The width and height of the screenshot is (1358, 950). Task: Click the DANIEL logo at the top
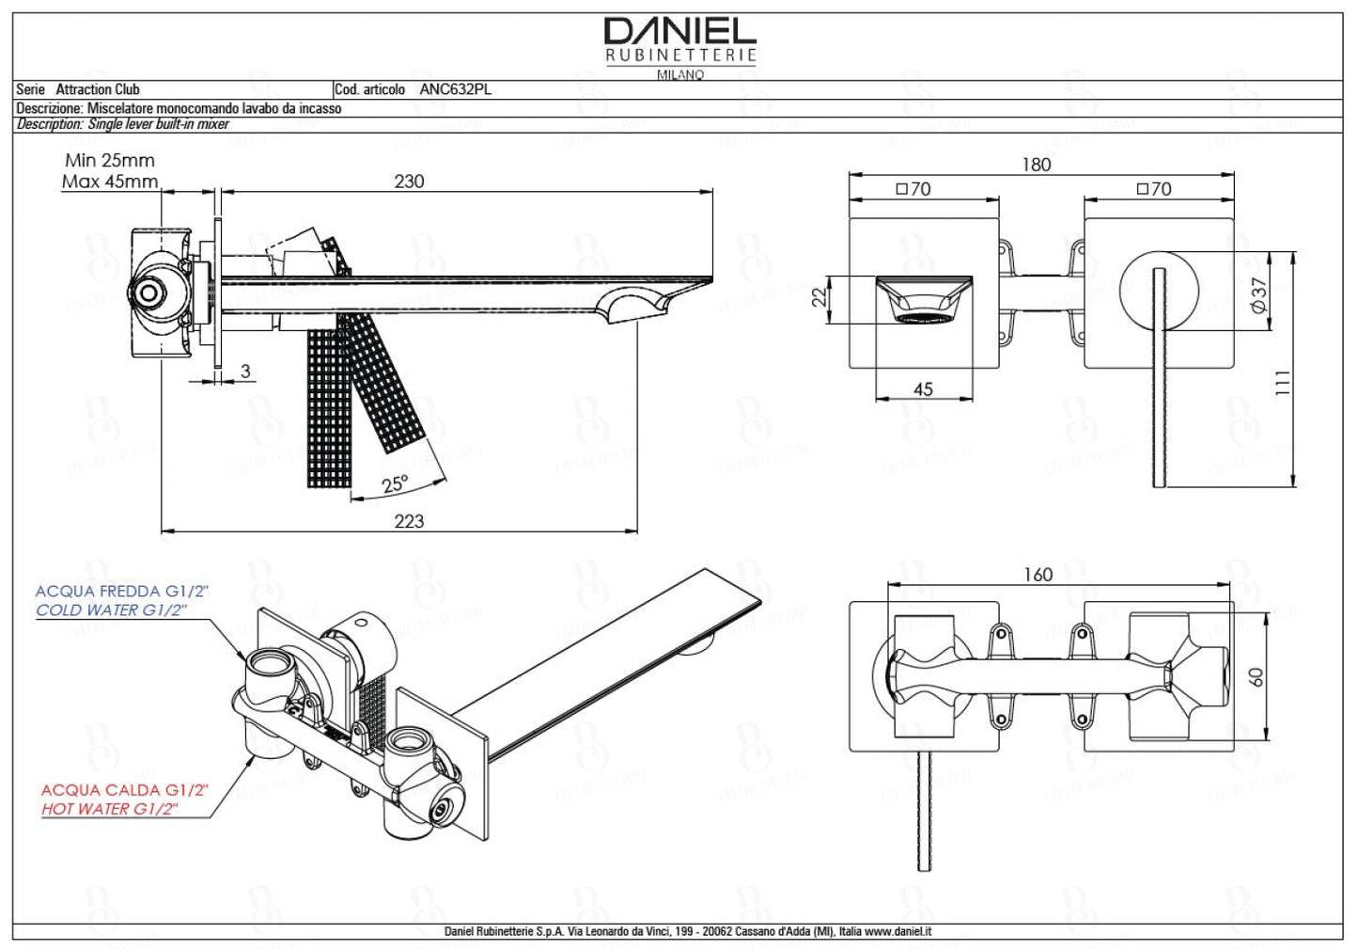(679, 32)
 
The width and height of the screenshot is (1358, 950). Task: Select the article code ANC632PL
(455, 89)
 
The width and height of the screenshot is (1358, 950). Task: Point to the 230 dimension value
(409, 182)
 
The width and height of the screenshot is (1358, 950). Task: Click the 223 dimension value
(409, 521)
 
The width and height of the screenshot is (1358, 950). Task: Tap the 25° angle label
(396, 484)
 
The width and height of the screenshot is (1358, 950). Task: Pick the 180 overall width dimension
(1036, 165)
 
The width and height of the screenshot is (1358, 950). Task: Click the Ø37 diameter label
(1260, 295)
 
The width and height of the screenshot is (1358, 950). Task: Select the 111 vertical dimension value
(1283, 383)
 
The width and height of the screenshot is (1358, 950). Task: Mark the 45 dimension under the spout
(923, 389)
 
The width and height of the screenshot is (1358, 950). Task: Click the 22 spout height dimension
(819, 297)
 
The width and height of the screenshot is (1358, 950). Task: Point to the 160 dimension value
(1038, 575)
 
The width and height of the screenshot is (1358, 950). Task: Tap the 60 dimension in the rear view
(1257, 677)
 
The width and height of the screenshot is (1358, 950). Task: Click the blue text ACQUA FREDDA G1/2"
(121, 592)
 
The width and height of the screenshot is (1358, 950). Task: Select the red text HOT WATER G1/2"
(110, 809)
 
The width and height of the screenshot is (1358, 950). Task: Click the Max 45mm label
(110, 182)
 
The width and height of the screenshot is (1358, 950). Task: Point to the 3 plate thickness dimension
(245, 372)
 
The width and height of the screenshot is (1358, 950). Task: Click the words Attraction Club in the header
(98, 89)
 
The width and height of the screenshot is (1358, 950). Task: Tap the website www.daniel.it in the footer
(898, 931)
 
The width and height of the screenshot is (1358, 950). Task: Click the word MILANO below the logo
(679, 74)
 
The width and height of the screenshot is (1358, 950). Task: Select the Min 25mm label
(110, 161)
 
